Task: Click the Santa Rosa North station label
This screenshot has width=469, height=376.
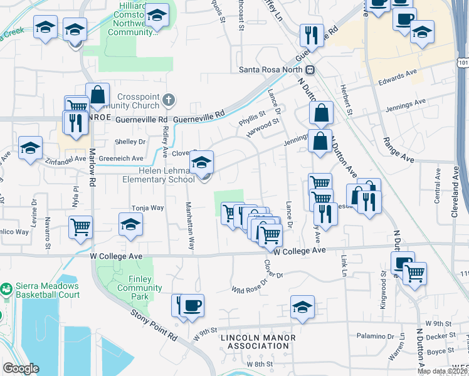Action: pos(271,70)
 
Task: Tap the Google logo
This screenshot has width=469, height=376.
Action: pos(21,368)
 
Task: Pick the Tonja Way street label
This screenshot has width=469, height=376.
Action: pos(147,207)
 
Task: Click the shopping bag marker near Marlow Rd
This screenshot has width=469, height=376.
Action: pos(98,95)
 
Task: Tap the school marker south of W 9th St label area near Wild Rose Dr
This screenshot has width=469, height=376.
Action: pos(302,308)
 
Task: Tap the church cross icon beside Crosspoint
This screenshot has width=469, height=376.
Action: pos(168,100)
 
